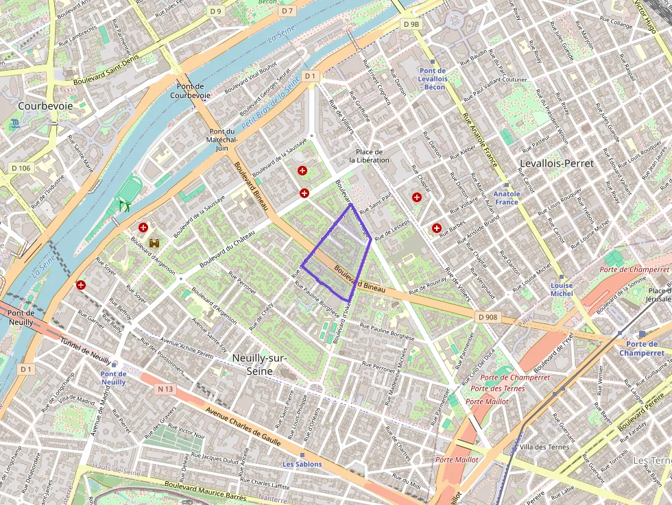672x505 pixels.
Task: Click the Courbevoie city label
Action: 46,106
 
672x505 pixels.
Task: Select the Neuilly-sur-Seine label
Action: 259,365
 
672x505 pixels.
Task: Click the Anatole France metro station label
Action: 507,198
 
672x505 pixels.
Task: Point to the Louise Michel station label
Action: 562,289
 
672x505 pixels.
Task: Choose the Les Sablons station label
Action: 302,464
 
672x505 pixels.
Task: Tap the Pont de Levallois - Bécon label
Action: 433,79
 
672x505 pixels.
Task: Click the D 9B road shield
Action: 411,25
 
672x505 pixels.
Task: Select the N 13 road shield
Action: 165,389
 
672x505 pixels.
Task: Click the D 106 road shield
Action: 21,168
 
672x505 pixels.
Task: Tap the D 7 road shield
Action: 287,11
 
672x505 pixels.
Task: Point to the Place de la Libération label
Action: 369,156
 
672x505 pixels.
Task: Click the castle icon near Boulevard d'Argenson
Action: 154,243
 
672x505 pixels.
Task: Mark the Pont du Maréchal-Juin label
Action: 221,139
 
